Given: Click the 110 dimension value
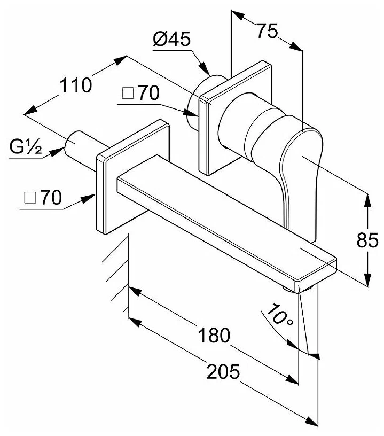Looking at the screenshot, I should [x=76, y=85].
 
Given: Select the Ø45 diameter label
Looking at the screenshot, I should [x=171, y=40].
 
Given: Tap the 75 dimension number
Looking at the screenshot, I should [x=267, y=31].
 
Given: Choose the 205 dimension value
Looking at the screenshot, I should [x=224, y=371].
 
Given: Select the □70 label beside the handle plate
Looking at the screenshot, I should [x=140, y=94].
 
